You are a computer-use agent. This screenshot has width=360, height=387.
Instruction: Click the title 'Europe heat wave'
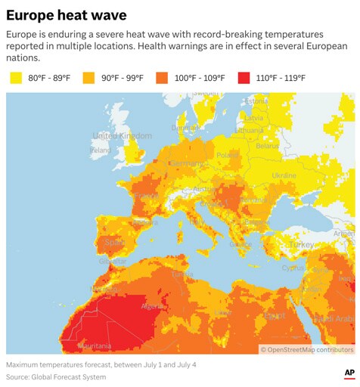pos(67,14)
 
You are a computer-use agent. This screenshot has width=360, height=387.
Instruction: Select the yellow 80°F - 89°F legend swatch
pos(15,77)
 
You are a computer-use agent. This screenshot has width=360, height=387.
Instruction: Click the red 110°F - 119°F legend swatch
pos(244,77)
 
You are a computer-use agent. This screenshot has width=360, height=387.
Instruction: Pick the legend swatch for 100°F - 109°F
pos(163,77)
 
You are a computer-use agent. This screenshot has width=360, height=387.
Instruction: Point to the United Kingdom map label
pos(122,135)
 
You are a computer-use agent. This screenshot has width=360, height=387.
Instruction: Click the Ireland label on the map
pos(100,150)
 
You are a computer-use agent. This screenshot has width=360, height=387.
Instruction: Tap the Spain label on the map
pos(113,243)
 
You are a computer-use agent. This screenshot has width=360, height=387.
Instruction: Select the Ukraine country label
pos(284,175)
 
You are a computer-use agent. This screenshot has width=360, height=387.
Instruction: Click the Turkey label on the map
pos(301,245)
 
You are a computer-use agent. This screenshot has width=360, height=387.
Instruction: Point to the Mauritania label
pos(95,346)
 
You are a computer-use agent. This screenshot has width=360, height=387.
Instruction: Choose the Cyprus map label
pos(293,268)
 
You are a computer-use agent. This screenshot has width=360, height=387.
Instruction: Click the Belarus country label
pos(267,146)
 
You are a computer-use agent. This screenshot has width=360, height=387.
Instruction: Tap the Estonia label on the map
pos(256,101)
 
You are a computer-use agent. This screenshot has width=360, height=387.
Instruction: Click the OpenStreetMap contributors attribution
pos(306,349)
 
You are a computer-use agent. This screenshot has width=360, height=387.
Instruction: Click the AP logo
pos(349,373)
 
